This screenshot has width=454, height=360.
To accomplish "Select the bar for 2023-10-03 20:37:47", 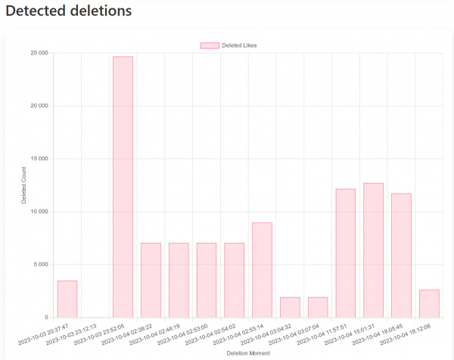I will [x=67, y=299].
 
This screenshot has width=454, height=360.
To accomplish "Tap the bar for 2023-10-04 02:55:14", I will [x=262, y=270].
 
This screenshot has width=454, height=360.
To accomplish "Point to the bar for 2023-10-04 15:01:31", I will [x=373, y=250].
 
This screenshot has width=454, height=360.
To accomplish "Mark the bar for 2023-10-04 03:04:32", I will [x=290, y=307].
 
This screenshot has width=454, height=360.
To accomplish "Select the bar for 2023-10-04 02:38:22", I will [x=151, y=280].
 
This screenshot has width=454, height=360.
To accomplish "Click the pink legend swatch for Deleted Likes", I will [x=209, y=45].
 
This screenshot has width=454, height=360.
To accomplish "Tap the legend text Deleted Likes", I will [x=239, y=45].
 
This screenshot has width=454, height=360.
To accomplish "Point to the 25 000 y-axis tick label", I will [x=39, y=53].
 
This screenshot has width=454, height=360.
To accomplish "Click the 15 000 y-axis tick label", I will [x=39, y=159].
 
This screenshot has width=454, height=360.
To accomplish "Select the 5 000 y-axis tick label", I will [x=41, y=265].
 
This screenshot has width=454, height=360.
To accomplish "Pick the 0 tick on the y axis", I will [x=47, y=318].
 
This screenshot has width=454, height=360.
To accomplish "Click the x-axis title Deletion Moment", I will [x=248, y=352].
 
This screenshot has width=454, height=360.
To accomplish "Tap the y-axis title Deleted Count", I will [x=23, y=185].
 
